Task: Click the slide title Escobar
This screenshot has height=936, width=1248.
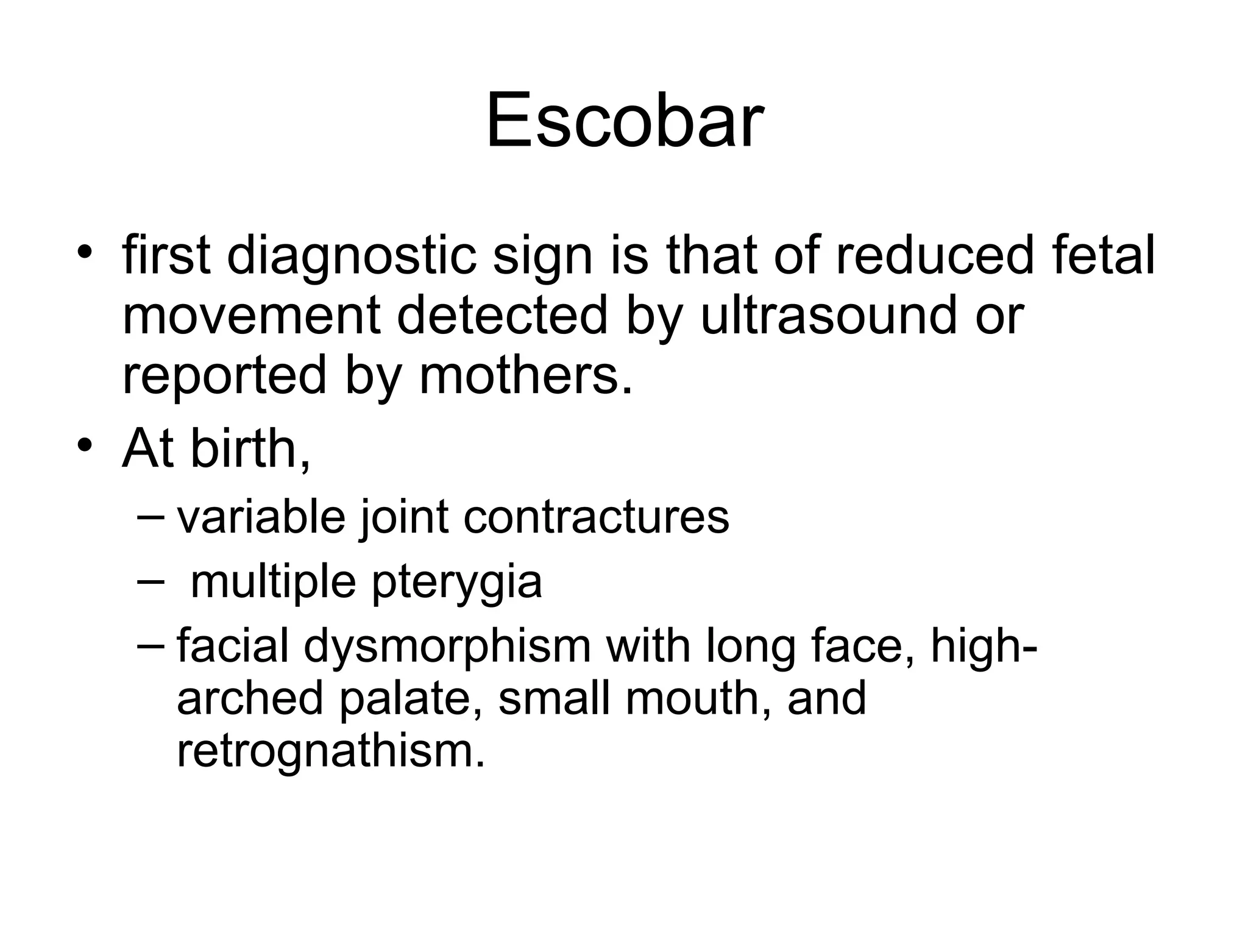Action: [x=624, y=120]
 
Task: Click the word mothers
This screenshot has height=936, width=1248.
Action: [x=526, y=375]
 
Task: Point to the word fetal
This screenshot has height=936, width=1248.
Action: [x=1103, y=256]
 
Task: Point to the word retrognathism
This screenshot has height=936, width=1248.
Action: [x=331, y=751]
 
